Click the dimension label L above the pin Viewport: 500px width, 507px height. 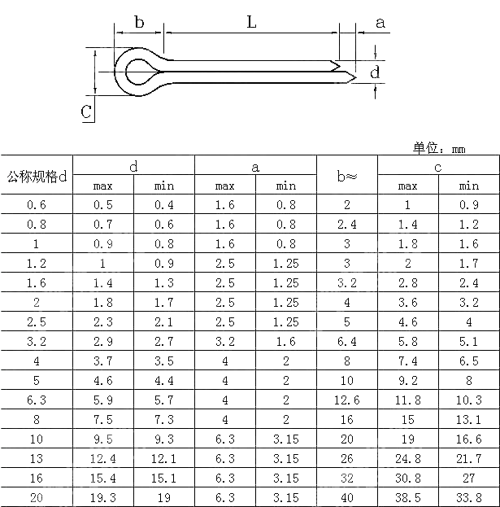pyautogui.click(x=251, y=23)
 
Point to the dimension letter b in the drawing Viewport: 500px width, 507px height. pyautogui.click(x=139, y=23)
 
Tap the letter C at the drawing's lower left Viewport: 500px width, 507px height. pyautogui.click(x=86, y=112)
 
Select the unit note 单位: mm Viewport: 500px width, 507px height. pyautogui.click(x=438, y=147)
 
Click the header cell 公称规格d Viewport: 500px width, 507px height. pyautogui.click(x=37, y=176)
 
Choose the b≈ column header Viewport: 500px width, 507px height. pyautogui.click(x=347, y=176)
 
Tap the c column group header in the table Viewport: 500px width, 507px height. pyautogui.click(x=438, y=167)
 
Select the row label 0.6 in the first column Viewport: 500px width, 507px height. pyautogui.click(x=37, y=205)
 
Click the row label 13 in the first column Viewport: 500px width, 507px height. pyautogui.click(x=37, y=459)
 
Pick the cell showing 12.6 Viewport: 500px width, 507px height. pyautogui.click(x=347, y=400)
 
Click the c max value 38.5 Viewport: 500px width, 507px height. pyautogui.click(x=408, y=498)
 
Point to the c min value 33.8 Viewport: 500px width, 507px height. pyautogui.click(x=469, y=498)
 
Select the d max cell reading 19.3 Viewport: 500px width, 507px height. pyautogui.click(x=103, y=498)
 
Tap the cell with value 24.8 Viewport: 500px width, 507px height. pyautogui.click(x=408, y=459)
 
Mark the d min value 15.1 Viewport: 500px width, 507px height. pyautogui.click(x=164, y=479)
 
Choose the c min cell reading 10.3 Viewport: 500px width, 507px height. pyautogui.click(x=469, y=400)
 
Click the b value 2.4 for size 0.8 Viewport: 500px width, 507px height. pyautogui.click(x=347, y=225)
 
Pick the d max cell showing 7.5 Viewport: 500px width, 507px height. pyautogui.click(x=103, y=420)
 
